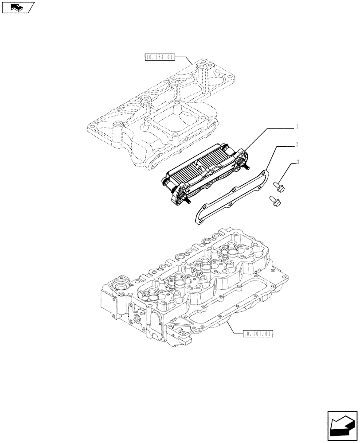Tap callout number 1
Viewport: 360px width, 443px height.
(x=297, y=127)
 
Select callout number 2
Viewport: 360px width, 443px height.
(x=297, y=144)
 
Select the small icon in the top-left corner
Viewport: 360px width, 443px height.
(x=17, y=7)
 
